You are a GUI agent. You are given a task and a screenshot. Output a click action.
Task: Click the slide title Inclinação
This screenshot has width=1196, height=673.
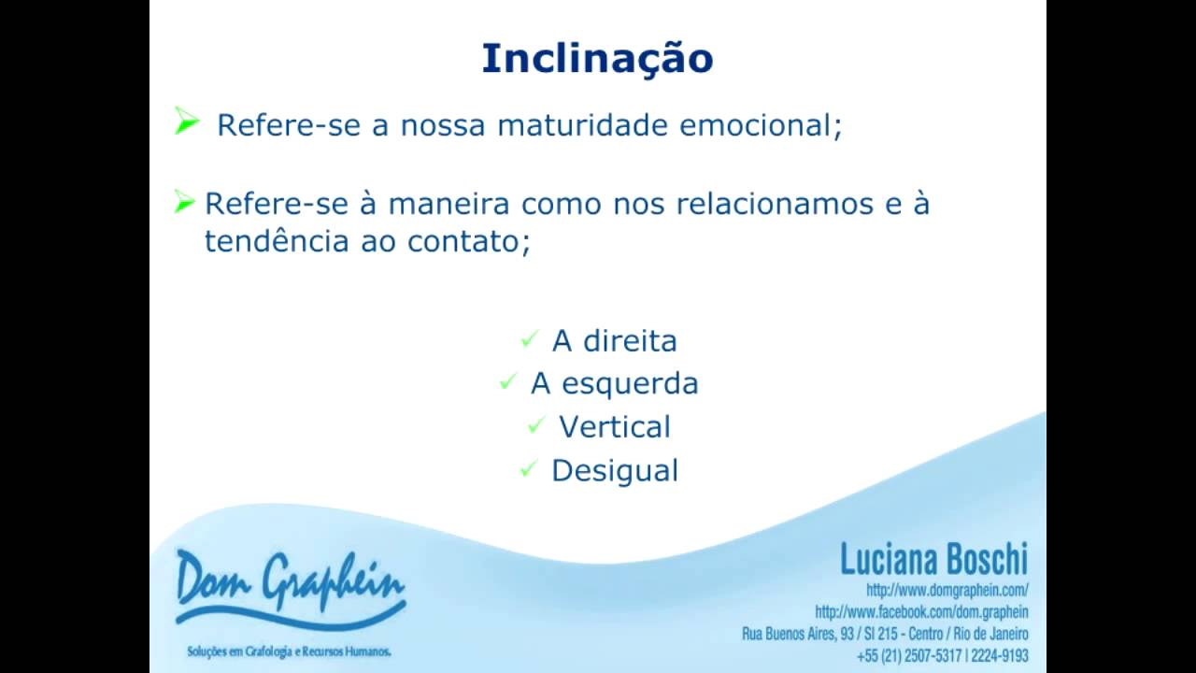click(x=597, y=58)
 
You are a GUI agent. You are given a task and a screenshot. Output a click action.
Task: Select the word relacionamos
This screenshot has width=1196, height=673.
click(x=743, y=204)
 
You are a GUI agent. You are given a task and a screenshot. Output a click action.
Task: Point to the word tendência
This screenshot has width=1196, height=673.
click(x=278, y=241)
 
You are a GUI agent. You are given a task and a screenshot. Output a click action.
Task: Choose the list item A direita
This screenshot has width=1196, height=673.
click(x=614, y=341)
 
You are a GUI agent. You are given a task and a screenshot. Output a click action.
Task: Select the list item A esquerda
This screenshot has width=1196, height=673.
click(x=614, y=383)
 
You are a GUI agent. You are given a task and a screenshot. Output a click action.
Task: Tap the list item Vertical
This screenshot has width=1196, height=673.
click(x=614, y=427)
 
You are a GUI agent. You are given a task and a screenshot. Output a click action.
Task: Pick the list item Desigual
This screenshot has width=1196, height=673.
click(x=614, y=470)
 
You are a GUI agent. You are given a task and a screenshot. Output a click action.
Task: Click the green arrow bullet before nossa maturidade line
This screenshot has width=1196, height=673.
click(x=187, y=122)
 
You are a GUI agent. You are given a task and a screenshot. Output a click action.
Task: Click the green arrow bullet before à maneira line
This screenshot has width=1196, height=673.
click(x=184, y=202)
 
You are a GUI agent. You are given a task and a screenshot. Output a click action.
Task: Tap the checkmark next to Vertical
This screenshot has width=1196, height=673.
click(x=535, y=426)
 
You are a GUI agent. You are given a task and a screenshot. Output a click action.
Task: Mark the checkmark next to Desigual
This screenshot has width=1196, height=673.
click(x=528, y=469)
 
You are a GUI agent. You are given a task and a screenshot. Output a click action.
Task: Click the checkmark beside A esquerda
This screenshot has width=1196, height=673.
click(x=507, y=381)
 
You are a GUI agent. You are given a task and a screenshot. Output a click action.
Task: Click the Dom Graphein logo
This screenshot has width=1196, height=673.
click(x=290, y=589)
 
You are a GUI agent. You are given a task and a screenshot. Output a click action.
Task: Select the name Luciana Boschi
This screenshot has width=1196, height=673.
click(x=933, y=560)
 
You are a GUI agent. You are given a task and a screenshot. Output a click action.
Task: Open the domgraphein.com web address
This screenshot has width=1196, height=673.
click(x=947, y=591)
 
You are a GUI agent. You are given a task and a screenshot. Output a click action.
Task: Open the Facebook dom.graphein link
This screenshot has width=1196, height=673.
click(x=921, y=612)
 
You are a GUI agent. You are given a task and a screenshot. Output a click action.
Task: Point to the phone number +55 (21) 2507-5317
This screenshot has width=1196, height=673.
click(x=909, y=655)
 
